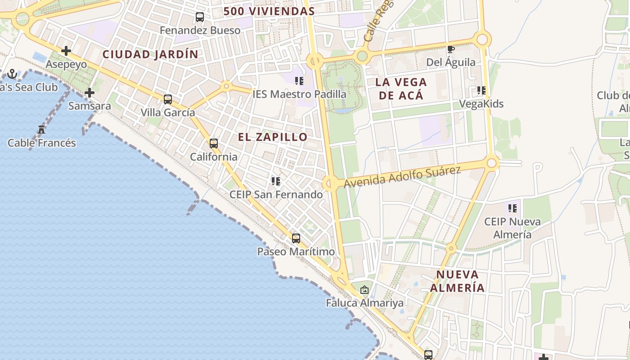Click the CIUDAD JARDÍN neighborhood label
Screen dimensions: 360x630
click(x=150, y=54)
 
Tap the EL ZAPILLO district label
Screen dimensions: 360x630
click(x=273, y=137)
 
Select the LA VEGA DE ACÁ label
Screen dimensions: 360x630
click(x=401, y=89)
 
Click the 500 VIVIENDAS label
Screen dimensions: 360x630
click(x=269, y=11)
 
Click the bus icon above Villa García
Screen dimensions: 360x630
click(x=168, y=99)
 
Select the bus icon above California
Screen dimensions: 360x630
click(x=214, y=144)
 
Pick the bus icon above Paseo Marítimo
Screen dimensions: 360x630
click(x=296, y=238)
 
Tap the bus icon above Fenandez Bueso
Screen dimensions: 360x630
click(x=200, y=17)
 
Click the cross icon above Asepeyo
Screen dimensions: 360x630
click(x=66, y=51)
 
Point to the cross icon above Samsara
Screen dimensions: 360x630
click(x=90, y=93)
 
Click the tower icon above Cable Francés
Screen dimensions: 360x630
click(x=41, y=130)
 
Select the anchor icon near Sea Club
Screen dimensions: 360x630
click(x=12, y=74)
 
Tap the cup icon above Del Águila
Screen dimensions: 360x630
click(x=450, y=49)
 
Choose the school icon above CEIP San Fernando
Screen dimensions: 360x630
click(x=276, y=181)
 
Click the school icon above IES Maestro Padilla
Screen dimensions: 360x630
click(x=299, y=81)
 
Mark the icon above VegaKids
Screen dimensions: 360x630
click(x=481, y=91)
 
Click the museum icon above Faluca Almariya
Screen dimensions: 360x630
click(x=364, y=290)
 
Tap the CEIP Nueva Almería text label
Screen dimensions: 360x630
click(x=513, y=228)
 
